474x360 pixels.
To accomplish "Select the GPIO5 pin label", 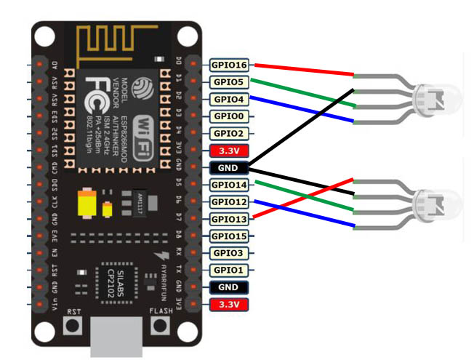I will [x=228, y=82].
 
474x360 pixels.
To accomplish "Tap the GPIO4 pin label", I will [x=228, y=99].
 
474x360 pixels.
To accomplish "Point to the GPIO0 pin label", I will [x=228, y=116].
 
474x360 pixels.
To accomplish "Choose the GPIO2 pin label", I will [x=228, y=134].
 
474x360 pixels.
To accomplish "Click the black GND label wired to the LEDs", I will [x=228, y=168].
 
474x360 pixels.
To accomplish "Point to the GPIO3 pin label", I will [x=228, y=253].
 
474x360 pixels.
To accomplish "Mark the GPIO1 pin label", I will [x=228, y=270].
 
